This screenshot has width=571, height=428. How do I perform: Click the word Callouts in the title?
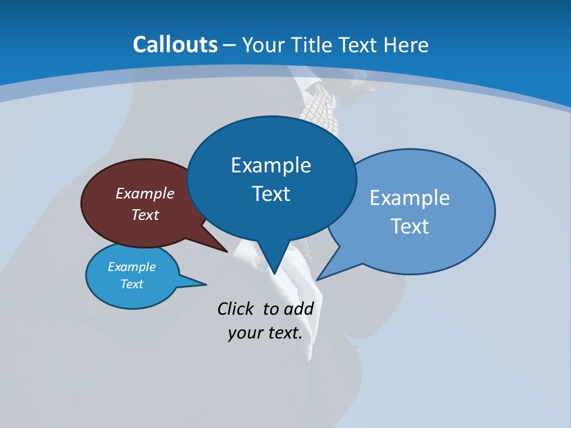(x=175, y=45)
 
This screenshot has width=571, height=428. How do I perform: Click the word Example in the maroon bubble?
(x=145, y=193)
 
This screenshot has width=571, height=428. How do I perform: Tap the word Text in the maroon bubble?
(x=145, y=215)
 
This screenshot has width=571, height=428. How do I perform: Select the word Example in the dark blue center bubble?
(x=271, y=165)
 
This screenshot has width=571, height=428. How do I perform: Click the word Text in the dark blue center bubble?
(x=271, y=194)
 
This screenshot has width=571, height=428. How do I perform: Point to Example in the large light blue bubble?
(x=409, y=198)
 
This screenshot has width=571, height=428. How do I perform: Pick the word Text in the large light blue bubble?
(x=409, y=226)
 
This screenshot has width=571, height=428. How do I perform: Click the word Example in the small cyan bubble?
(x=131, y=267)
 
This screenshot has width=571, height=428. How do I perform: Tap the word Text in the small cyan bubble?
(x=131, y=284)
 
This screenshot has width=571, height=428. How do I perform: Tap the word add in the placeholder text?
(x=298, y=309)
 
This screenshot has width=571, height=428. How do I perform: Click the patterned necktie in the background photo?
(x=321, y=110)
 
